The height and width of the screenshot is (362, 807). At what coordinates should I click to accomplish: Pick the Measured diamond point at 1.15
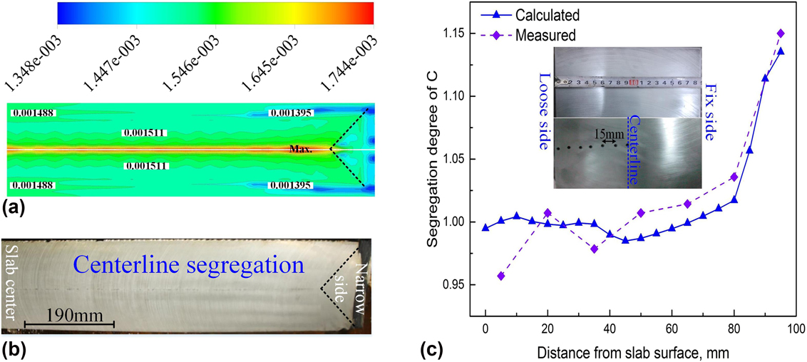pos(781,33)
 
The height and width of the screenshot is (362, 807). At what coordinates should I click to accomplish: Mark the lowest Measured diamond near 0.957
pos(501,276)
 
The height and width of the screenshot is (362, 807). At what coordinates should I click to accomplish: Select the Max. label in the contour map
pos(301,150)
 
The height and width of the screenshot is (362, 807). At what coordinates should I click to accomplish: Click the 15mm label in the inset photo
pos(608,133)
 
